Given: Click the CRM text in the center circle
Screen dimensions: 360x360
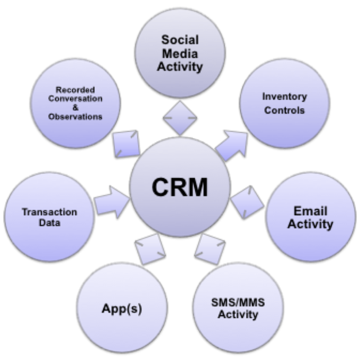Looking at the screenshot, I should tap(180, 187).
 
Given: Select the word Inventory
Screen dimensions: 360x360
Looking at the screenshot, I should tap(284, 97).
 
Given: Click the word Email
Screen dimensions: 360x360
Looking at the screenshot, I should tap(310, 211).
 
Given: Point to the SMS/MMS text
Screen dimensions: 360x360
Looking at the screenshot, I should tap(238, 302).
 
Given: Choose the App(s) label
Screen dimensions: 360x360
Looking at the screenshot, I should tap(121, 309).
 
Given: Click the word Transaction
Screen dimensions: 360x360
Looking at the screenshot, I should tap(49, 212).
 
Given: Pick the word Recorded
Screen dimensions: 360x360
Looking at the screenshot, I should tap(75, 90).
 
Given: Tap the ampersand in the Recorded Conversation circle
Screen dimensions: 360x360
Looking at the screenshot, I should tap(75, 108).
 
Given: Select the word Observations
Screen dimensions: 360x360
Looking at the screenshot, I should tap(75, 117).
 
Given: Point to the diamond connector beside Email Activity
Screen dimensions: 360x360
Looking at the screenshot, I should tap(247, 202).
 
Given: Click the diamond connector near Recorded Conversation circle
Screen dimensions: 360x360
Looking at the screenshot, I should tap(126, 143).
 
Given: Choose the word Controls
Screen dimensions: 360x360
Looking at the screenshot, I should tap(284, 111).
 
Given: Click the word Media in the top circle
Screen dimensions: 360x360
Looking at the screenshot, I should tap(180, 53).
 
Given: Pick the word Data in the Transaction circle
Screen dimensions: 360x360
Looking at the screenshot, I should tap(49, 223).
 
